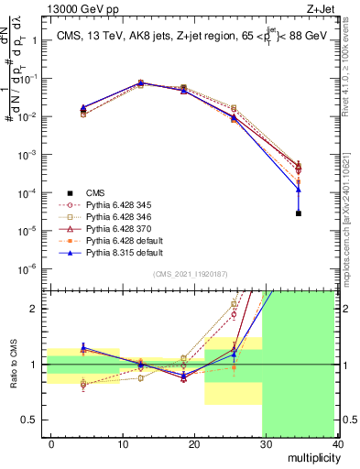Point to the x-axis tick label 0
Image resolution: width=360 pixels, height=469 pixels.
pos(51,442)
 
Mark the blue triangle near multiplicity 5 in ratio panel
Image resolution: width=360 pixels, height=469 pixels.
pos(84,347)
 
